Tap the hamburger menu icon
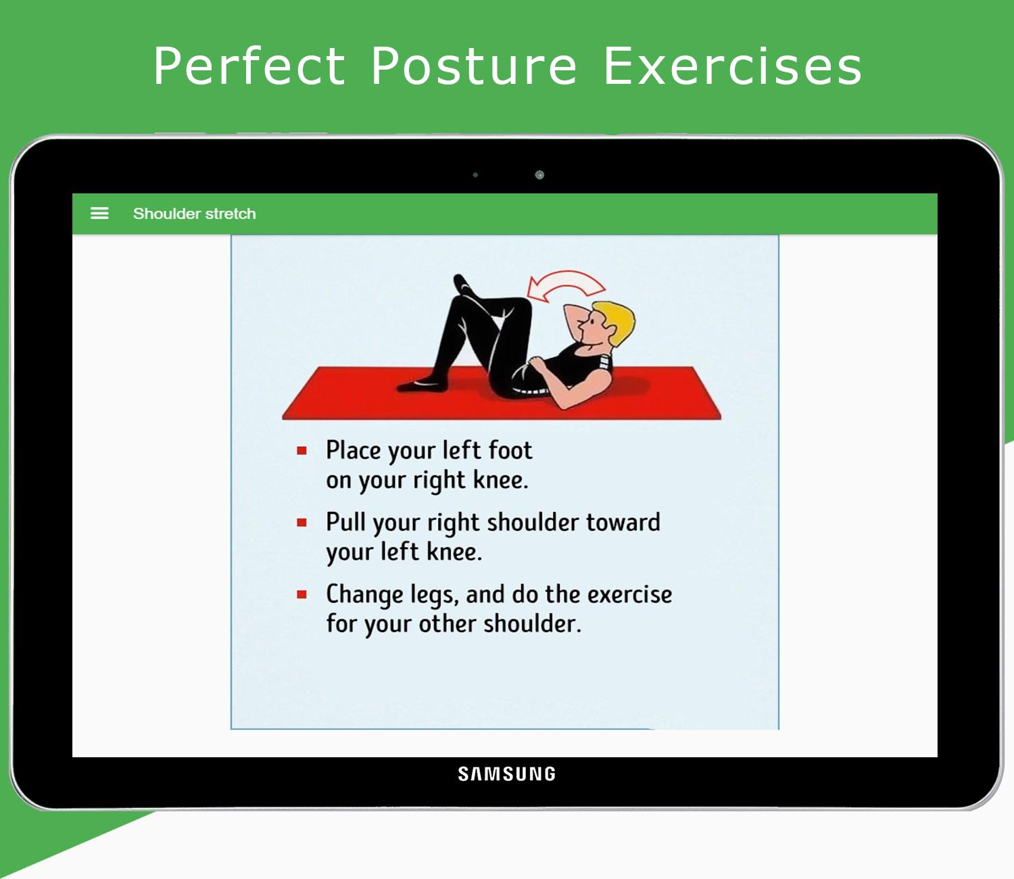[x=99, y=213]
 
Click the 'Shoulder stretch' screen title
[x=194, y=214]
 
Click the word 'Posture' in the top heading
[x=474, y=66]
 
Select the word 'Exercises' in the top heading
[x=732, y=66]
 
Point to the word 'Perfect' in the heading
[x=249, y=66]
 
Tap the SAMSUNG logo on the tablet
[x=507, y=774]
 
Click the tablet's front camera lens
[x=539, y=174]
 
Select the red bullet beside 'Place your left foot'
[x=301, y=450]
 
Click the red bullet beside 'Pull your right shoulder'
[x=301, y=522]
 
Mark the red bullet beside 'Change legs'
[x=301, y=594]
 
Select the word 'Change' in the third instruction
[x=364, y=595]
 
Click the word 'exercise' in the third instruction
[x=630, y=594]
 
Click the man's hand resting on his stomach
[x=537, y=364]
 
